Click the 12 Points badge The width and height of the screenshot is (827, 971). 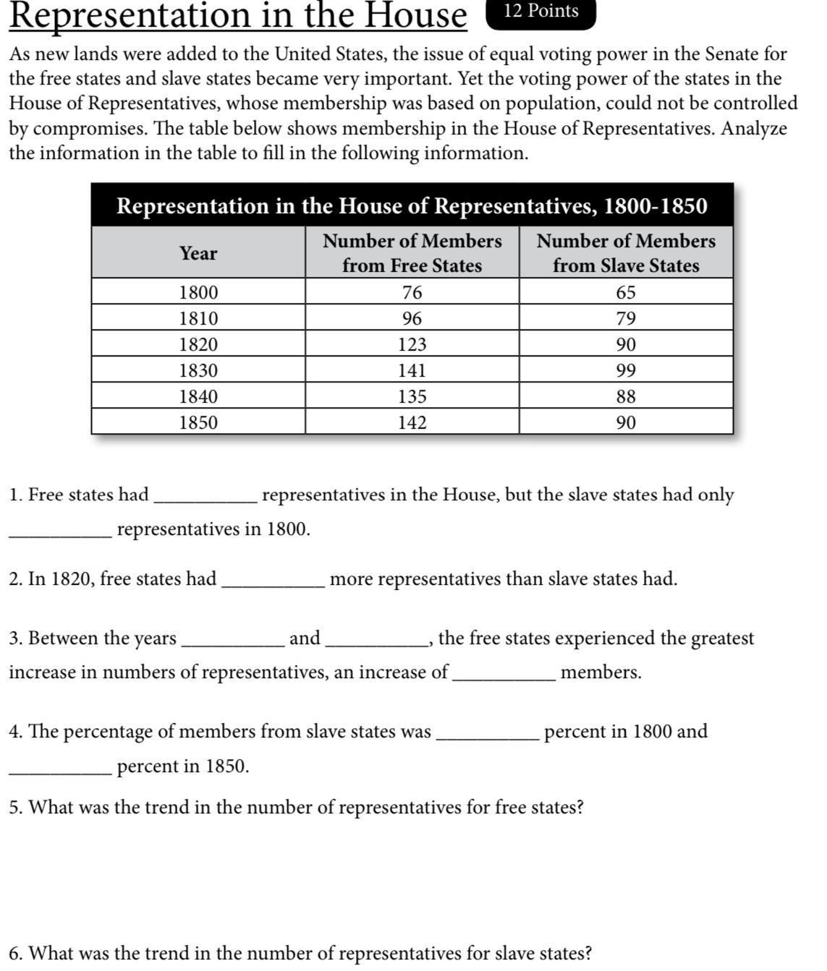point(541,12)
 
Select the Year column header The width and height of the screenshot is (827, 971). point(198,253)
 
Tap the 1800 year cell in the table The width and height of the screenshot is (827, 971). point(198,292)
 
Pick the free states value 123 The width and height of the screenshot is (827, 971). point(412,344)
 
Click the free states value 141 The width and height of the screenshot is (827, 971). point(412,370)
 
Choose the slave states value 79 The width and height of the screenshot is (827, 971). point(626,318)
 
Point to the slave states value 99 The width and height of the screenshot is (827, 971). point(626,370)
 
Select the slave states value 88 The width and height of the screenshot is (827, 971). point(626,396)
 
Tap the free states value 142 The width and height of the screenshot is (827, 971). point(412,422)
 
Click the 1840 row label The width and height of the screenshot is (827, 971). point(198,396)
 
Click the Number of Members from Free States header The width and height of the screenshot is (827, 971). point(412,253)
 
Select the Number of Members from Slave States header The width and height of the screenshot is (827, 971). point(626,253)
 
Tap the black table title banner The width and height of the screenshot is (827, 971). point(412,206)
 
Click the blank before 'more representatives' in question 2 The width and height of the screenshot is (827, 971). point(273,583)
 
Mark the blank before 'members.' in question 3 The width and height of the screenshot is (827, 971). point(504,676)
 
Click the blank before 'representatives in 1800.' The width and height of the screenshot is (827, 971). point(61,533)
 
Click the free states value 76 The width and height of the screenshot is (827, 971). point(412,292)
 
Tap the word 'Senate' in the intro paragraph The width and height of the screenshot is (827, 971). point(731,54)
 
